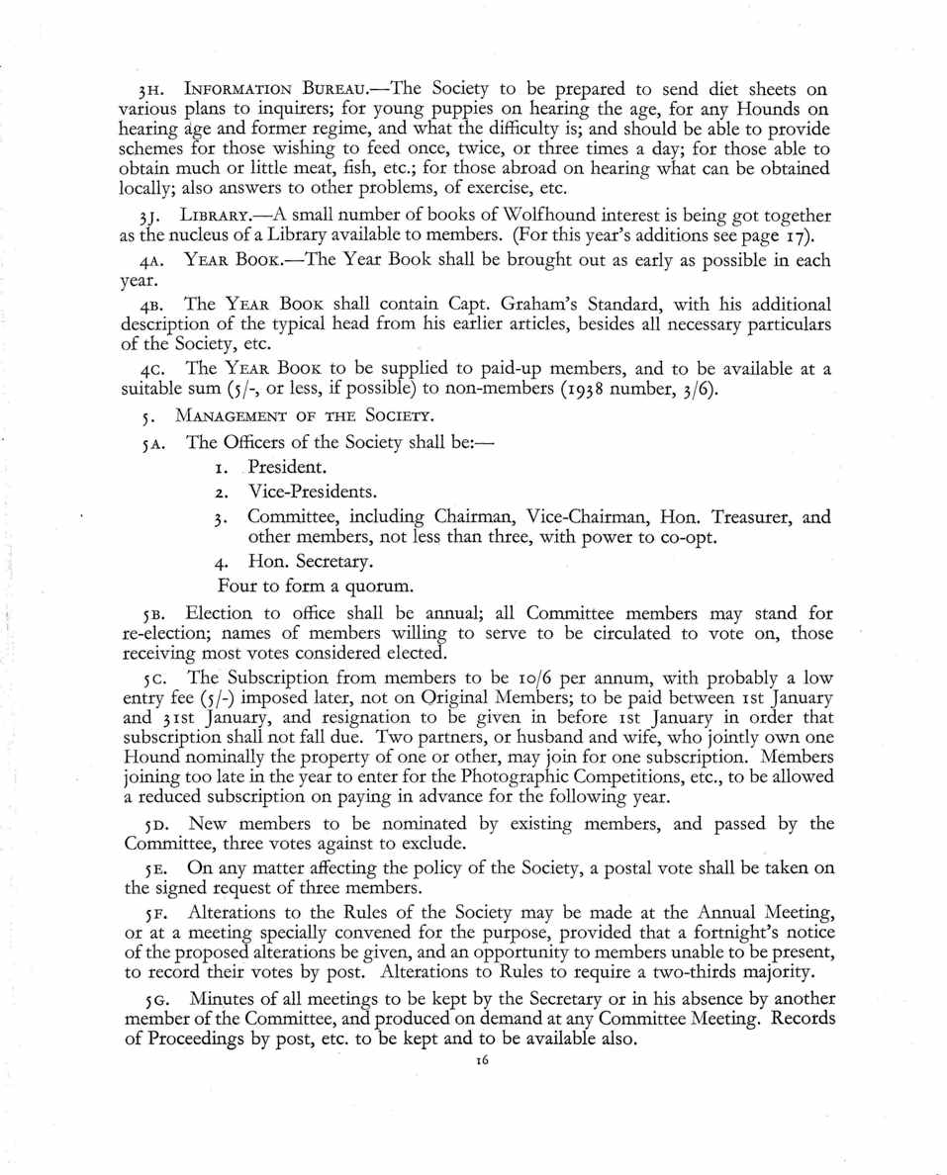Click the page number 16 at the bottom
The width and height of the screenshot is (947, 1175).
point(483,1059)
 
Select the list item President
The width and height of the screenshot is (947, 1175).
point(287,465)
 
